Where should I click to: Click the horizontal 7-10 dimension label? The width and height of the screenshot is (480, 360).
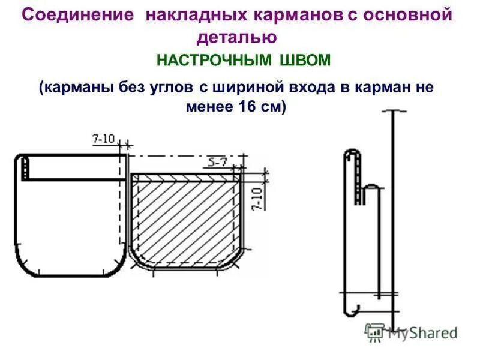pyautogui.click(x=103, y=139)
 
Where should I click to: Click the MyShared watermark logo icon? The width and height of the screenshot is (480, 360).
pyautogui.click(x=375, y=332)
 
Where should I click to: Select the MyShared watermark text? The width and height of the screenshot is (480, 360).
pyautogui.click(x=422, y=332)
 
